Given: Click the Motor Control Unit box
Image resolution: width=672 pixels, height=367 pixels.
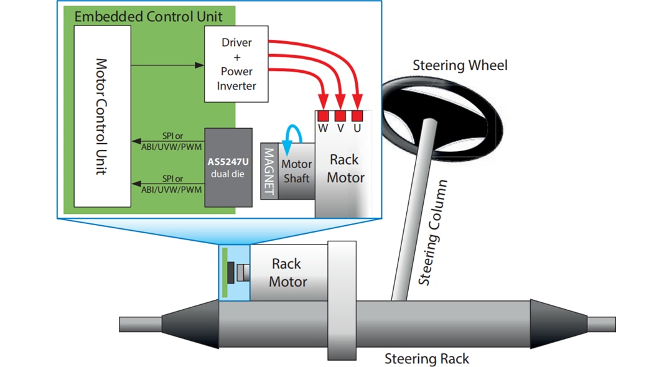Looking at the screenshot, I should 102,116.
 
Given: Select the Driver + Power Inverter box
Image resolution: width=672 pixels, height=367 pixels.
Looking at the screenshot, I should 236,64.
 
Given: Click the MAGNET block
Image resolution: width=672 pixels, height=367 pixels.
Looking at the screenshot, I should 269,172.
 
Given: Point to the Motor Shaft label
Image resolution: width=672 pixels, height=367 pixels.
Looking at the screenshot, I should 296,171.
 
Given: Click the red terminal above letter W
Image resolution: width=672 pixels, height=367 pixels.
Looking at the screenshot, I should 323,116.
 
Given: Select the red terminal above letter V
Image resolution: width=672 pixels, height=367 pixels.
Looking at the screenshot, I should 340,116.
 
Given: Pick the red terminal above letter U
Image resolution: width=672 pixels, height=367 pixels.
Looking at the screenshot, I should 357,116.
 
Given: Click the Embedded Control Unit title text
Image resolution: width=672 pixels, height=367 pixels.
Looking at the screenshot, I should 148,16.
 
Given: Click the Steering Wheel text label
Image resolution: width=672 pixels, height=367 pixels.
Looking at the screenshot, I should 460,65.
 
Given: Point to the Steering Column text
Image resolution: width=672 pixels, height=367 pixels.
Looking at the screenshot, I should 433,233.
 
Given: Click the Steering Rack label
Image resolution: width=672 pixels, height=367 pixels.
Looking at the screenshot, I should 427,358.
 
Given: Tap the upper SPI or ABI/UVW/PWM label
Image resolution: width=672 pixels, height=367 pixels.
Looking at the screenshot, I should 167,140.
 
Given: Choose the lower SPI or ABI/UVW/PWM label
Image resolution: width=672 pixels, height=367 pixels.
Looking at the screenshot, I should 167,184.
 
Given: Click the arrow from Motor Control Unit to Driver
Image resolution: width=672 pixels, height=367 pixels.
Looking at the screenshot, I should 168,64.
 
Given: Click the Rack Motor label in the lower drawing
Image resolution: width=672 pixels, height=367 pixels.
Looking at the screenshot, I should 287,273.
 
